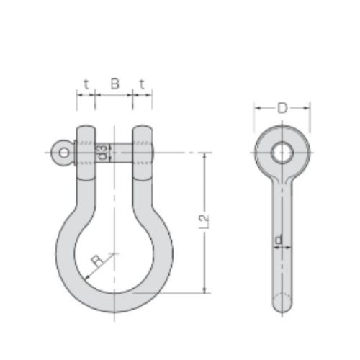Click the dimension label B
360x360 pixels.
114,84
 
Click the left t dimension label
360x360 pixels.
86,84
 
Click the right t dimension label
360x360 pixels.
142,84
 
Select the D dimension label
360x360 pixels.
282,109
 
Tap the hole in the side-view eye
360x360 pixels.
282,152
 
